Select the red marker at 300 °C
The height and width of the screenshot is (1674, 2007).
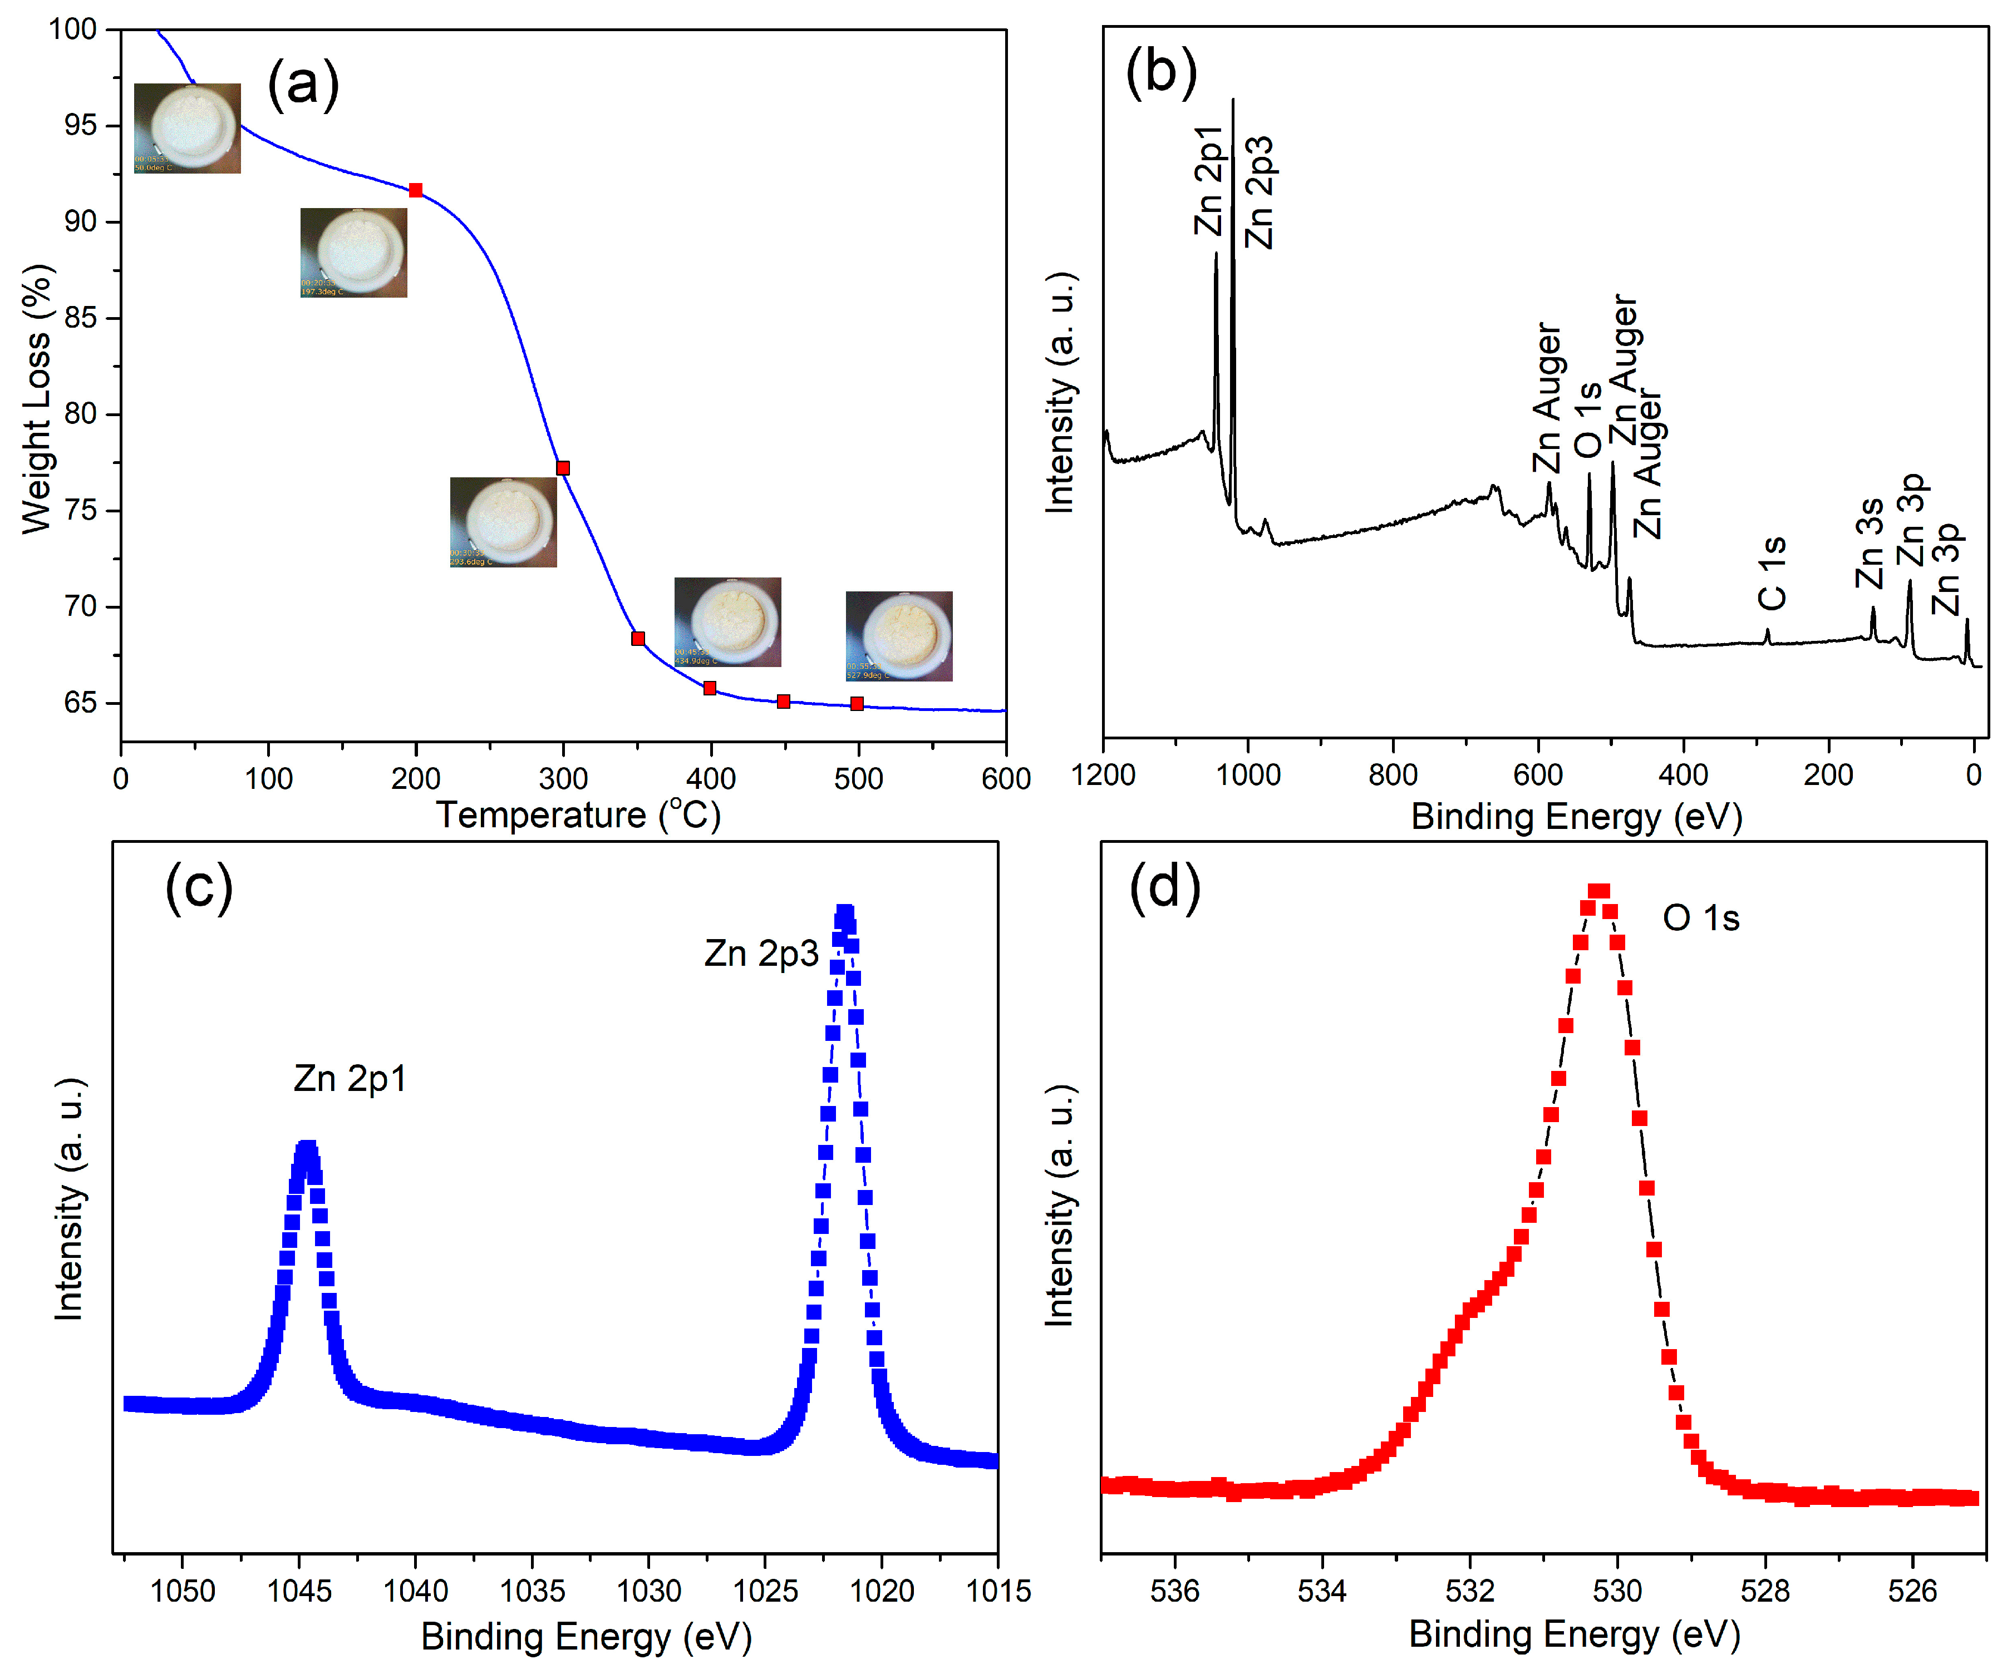[563, 468]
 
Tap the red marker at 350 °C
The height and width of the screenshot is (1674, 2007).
[637, 638]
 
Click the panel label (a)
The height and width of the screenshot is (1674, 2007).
[303, 84]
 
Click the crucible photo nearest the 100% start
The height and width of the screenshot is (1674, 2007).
[188, 128]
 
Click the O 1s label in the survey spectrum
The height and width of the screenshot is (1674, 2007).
[1587, 421]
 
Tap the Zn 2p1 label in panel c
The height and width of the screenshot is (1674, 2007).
[350, 1079]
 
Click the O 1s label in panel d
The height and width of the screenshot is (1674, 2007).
[1701, 918]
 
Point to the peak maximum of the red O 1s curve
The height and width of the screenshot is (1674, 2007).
[1598, 891]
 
